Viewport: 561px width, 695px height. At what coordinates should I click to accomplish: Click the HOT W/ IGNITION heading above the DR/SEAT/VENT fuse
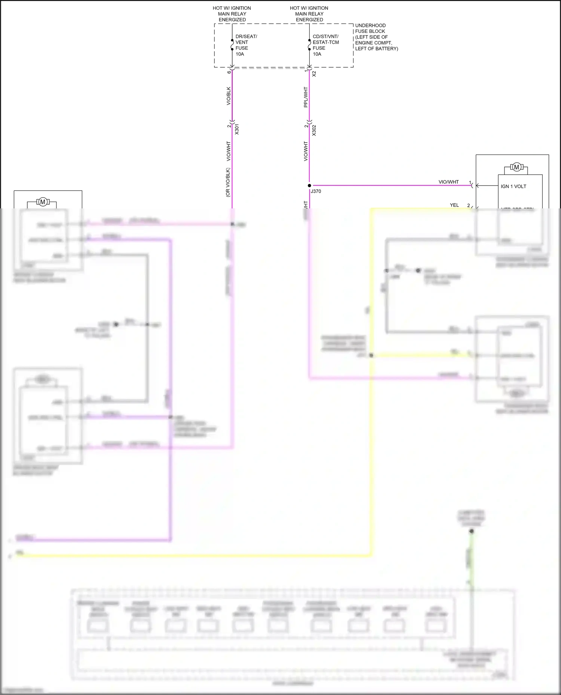[232, 8]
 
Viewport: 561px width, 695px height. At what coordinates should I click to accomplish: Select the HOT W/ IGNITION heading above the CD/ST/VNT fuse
[309, 8]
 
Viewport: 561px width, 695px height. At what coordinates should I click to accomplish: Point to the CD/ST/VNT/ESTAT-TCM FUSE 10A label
[325, 45]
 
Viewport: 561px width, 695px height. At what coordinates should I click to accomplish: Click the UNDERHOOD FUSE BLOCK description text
[376, 37]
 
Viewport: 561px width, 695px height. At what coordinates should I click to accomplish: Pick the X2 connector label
[314, 74]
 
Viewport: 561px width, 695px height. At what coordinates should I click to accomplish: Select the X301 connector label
[237, 129]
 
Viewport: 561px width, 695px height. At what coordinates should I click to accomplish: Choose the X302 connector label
[314, 130]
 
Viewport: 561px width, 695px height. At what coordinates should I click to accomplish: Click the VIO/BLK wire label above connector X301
[229, 96]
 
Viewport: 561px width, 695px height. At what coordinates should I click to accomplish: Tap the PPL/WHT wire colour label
[306, 97]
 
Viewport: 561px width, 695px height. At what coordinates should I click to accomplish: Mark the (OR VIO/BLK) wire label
[228, 182]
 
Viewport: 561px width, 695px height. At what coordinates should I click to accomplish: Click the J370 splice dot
[309, 185]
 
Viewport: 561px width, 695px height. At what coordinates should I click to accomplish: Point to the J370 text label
[316, 191]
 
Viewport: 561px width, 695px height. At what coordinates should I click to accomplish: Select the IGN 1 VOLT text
[513, 186]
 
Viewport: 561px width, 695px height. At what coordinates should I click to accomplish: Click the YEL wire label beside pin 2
[454, 205]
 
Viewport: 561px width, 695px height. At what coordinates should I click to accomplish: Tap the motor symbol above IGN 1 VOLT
[516, 167]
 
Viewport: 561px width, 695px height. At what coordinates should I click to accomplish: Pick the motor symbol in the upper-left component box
[43, 202]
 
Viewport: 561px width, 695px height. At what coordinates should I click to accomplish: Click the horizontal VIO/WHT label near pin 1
[448, 182]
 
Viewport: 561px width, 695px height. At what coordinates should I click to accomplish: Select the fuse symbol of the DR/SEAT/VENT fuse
[232, 45]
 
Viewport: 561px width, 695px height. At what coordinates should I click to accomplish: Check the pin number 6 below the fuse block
[229, 72]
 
